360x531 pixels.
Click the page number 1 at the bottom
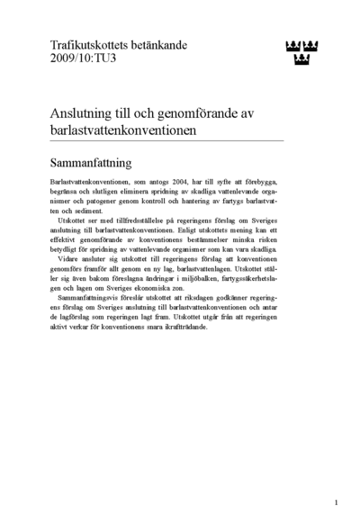[336, 502]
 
